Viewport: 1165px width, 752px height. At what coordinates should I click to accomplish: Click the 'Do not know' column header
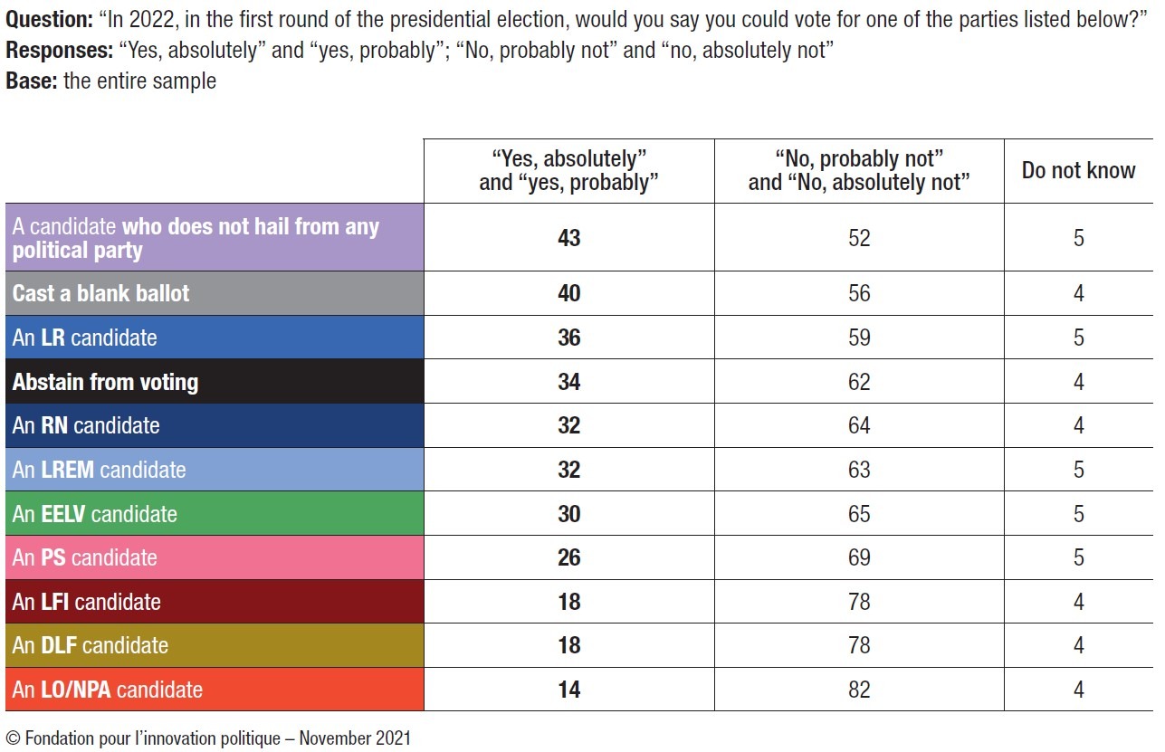coord(1078,170)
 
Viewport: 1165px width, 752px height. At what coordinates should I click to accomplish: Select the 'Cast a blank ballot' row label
coord(100,293)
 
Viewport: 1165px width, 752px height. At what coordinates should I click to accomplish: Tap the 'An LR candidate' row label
coord(84,338)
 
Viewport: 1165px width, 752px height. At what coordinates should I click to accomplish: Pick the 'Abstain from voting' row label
coord(105,382)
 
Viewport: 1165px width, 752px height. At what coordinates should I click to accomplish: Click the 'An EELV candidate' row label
coord(94,514)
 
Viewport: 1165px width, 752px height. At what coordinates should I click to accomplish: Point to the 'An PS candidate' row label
coord(84,557)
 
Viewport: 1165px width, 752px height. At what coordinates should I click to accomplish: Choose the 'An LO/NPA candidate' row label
coord(107,690)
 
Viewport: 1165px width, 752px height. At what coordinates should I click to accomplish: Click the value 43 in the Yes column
coord(568,238)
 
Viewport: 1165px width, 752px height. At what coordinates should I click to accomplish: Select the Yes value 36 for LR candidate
coord(568,338)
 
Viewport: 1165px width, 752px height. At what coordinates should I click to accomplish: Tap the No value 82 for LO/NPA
coord(858,690)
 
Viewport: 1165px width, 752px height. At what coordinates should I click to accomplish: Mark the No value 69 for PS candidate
coord(858,557)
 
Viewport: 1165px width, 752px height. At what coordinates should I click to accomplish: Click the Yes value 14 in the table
coord(568,690)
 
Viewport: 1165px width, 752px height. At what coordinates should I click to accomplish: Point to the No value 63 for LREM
coord(858,470)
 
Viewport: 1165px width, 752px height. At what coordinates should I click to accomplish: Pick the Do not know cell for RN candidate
coord(1078,425)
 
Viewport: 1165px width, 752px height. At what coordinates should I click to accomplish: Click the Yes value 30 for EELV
coord(568,514)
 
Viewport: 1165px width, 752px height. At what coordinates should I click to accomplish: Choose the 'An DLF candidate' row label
coord(90,645)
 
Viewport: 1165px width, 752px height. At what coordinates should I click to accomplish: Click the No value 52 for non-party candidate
coord(858,238)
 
